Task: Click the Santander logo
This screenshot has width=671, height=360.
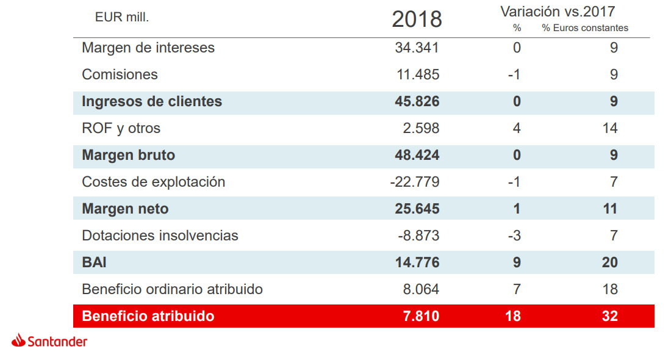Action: [49, 342]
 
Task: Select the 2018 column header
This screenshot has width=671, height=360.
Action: [417, 20]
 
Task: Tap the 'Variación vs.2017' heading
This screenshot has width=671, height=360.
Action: [558, 11]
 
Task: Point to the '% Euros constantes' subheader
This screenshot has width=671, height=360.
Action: [584, 28]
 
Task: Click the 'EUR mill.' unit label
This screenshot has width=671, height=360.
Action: [122, 18]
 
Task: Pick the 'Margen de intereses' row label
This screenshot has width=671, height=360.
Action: [148, 48]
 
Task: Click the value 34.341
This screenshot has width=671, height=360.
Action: [417, 48]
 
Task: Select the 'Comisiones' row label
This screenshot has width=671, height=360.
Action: [120, 74]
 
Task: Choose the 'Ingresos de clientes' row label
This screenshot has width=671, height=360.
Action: [152, 101]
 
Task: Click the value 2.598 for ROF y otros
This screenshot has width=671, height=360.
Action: [420, 128]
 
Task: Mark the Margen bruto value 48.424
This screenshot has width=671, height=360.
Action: [417, 155]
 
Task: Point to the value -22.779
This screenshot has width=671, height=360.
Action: [414, 182]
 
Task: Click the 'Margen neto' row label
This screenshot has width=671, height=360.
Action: [125, 209]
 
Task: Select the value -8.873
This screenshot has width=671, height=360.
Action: [417, 236]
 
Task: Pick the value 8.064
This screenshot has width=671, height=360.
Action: [420, 289]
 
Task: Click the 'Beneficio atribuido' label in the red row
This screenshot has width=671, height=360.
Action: [148, 316]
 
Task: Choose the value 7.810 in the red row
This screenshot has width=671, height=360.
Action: [420, 316]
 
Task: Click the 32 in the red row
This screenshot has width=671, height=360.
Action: [609, 316]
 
